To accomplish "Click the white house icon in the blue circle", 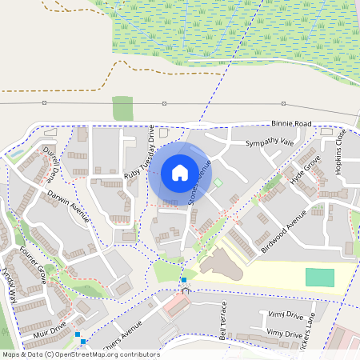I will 179,172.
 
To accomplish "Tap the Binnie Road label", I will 290,125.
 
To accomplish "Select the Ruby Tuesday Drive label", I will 141,150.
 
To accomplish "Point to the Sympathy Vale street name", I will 270,142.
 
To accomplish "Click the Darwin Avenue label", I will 67,206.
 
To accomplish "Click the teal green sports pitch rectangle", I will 320,278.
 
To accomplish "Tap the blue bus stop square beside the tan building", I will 184,280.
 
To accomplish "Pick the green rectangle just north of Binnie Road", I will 122,108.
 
